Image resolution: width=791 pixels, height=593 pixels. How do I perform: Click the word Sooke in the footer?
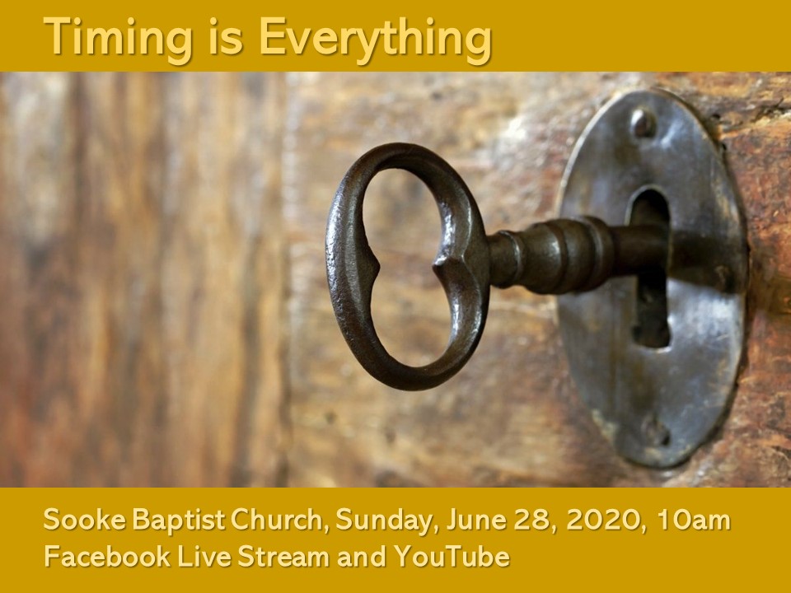point(85,520)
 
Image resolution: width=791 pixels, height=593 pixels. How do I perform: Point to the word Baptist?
point(179,520)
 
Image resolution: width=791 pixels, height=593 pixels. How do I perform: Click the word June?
point(476,520)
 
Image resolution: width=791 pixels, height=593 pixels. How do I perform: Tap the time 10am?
point(694,520)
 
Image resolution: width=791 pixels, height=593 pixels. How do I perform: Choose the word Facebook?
point(107,556)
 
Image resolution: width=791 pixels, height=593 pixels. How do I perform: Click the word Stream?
point(283,556)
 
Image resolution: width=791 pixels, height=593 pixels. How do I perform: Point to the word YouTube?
point(452,556)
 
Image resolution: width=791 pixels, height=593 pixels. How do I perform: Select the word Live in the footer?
point(204,556)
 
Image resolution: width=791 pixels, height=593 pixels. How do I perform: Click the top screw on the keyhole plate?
point(644,123)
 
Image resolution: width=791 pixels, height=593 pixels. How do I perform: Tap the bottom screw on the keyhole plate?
point(657,431)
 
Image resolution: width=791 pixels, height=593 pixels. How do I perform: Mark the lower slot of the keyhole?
point(651,313)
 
